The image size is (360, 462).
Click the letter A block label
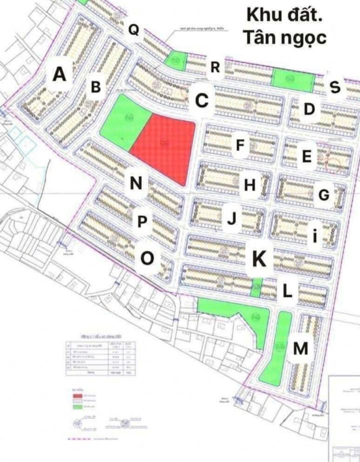tap(59, 74)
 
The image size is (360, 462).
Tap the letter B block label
tap(96, 87)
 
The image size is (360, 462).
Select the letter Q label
tap(133, 30)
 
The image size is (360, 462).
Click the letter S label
tap(335, 87)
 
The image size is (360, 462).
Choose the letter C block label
tap(201, 100)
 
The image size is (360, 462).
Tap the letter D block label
tap(309, 109)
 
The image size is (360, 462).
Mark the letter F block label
tap(240, 145)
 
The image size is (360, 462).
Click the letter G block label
tap(324, 195)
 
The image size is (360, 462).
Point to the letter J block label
tap(231, 218)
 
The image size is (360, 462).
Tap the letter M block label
tap(300, 349)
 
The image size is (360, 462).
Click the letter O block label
tap(147, 259)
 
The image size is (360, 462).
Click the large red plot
tap(165, 147)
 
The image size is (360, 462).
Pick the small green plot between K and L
tap(256, 287)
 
